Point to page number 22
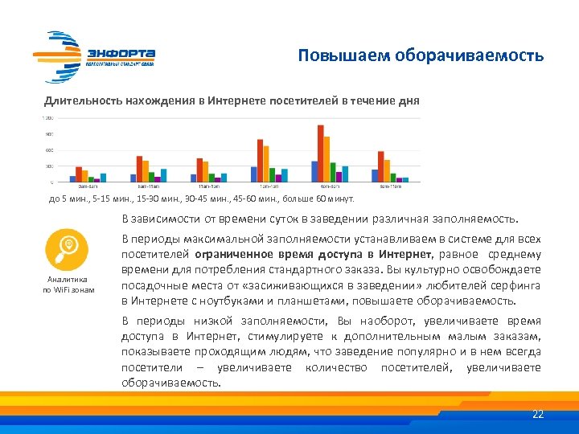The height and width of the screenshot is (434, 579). (x=538, y=414)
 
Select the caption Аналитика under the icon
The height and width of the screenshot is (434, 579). (x=68, y=280)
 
